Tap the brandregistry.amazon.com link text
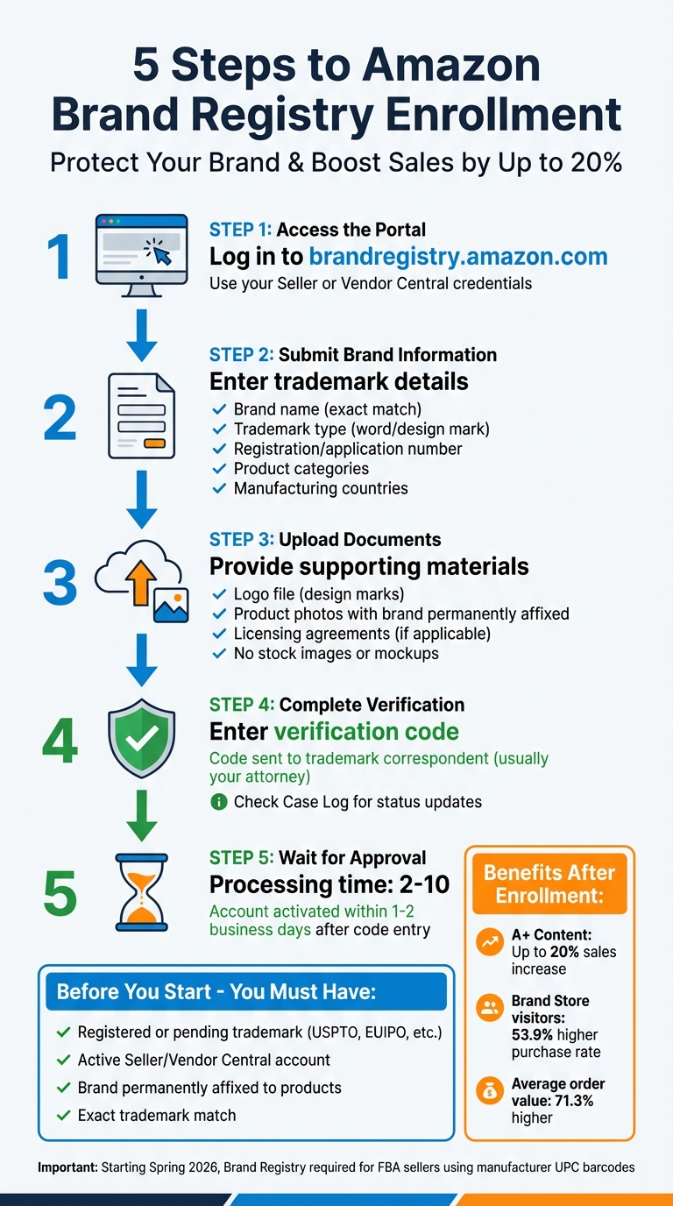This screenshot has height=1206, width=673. point(458,257)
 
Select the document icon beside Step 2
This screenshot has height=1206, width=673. point(141,415)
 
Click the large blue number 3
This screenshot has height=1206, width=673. point(60,581)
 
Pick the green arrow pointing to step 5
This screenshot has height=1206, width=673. point(141,816)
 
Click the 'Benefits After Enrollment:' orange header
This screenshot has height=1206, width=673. point(549,883)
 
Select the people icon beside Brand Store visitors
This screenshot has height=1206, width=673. point(488,1008)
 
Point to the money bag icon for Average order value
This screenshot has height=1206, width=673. point(488,1090)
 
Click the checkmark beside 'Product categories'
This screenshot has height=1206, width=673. point(219,469)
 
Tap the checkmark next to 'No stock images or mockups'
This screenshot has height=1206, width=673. point(219,653)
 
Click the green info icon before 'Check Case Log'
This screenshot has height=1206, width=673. point(219,802)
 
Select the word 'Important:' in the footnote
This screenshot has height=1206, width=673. point(68,1167)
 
